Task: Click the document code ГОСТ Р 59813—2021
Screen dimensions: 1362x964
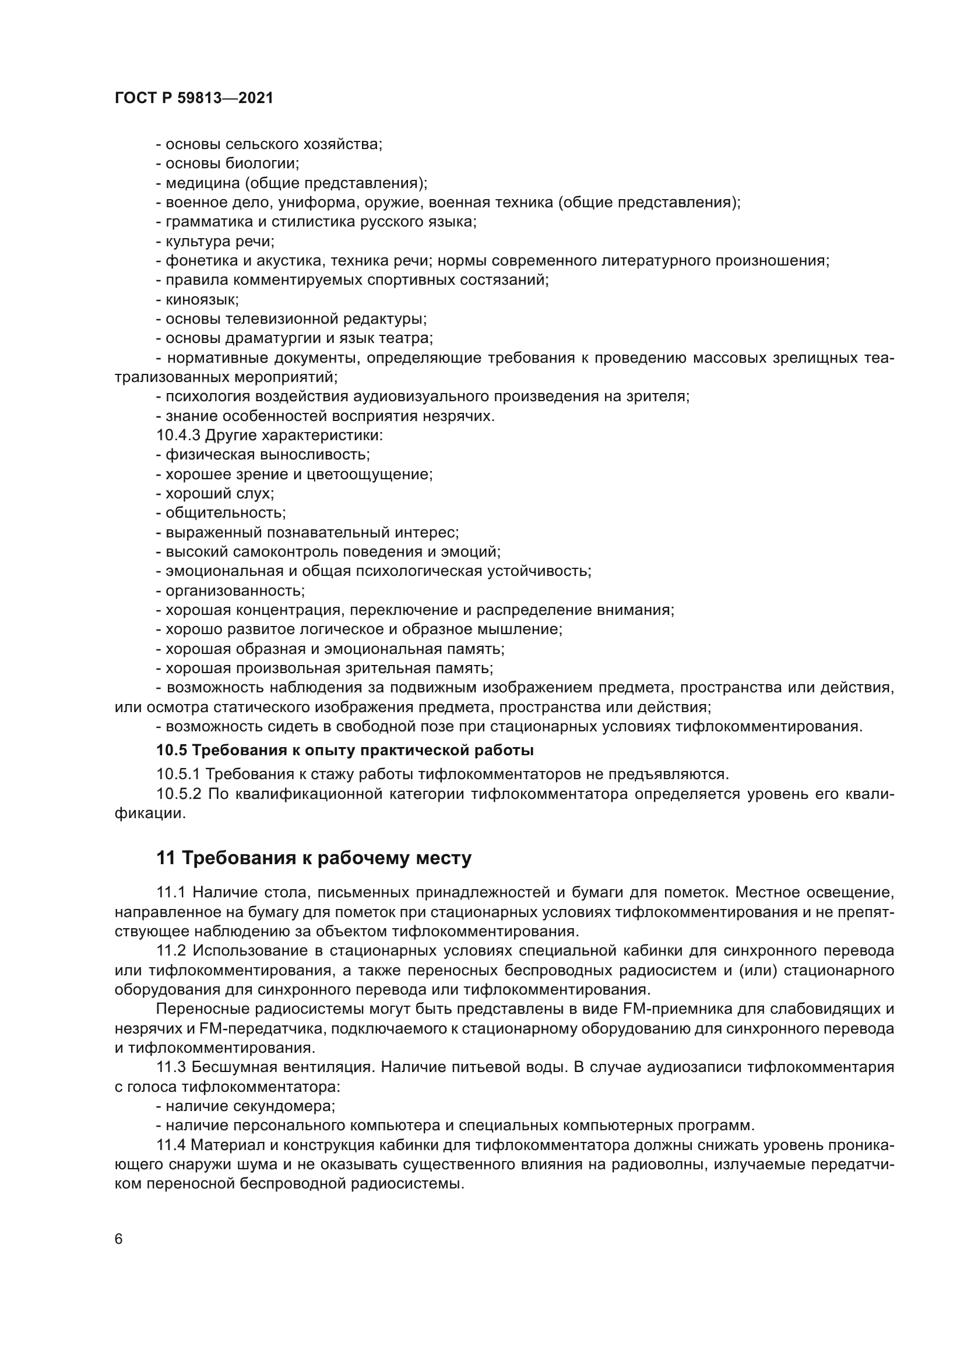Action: point(194,98)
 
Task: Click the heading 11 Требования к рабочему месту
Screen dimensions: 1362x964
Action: point(314,858)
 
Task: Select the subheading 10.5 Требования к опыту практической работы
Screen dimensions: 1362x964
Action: point(345,751)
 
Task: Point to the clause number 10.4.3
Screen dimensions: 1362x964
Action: point(178,436)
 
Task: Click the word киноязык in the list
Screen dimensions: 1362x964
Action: point(201,299)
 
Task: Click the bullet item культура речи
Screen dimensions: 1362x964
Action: point(215,242)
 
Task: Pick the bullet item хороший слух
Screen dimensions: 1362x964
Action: point(215,494)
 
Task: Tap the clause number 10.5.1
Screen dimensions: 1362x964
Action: point(178,774)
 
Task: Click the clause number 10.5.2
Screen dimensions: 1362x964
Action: point(178,794)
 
